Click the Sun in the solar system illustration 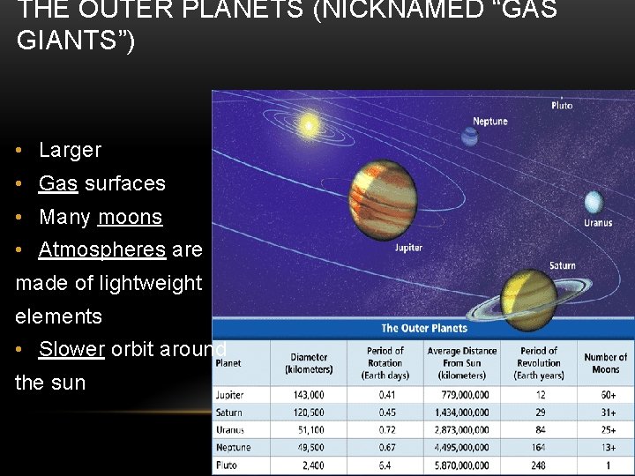click(310, 123)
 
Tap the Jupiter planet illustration click(382, 195)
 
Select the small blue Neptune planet click(469, 137)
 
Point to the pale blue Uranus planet click(593, 202)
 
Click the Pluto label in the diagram click(562, 105)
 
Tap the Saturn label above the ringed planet click(562, 265)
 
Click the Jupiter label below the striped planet click(408, 248)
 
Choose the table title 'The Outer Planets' click(424, 328)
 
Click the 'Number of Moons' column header click(605, 362)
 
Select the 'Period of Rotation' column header click(385, 362)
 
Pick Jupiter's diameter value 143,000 click(308, 395)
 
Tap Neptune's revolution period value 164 click(539, 448)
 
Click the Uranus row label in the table click(230, 430)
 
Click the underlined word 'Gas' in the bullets click(58, 183)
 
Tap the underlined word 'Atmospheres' click(102, 249)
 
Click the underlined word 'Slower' click(71, 349)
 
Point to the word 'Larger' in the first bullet click(71, 150)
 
